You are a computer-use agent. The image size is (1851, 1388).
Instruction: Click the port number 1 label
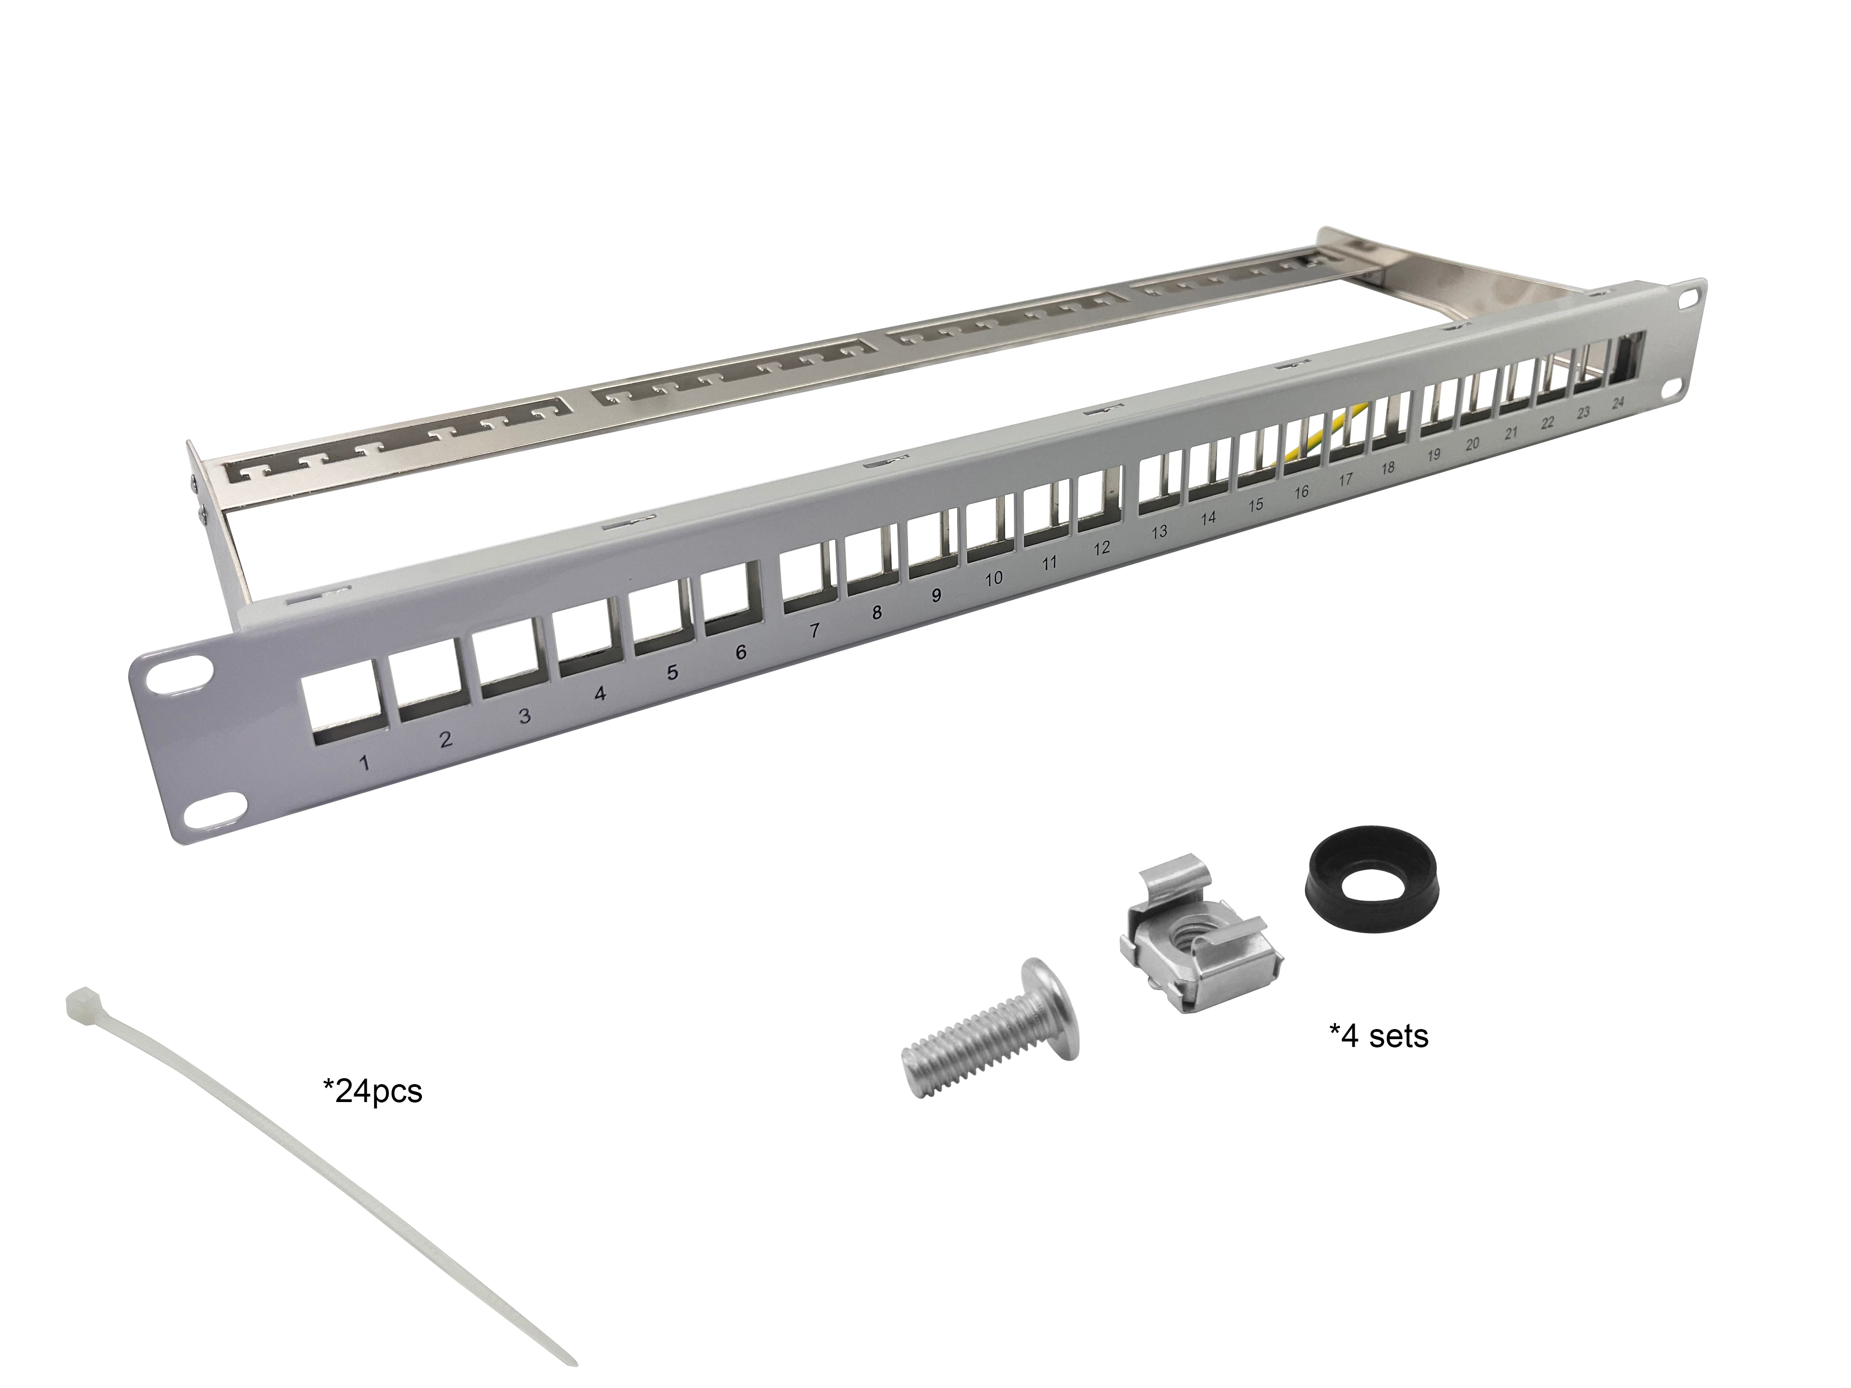click(364, 763)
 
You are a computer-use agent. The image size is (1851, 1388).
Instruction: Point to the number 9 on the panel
click(937, 595)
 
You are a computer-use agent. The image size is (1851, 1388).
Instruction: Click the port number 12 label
click(1101, 548)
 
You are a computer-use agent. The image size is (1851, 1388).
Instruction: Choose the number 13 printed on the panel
click(1159, 531)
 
